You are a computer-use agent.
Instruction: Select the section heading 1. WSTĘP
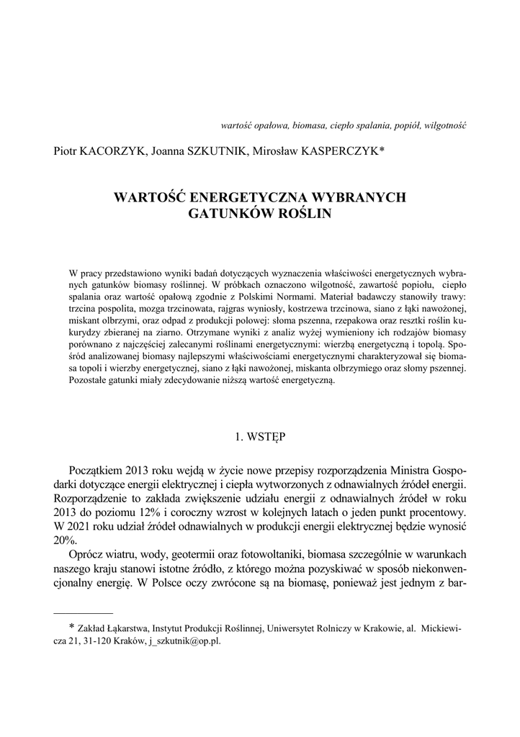(x=260, y=436)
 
